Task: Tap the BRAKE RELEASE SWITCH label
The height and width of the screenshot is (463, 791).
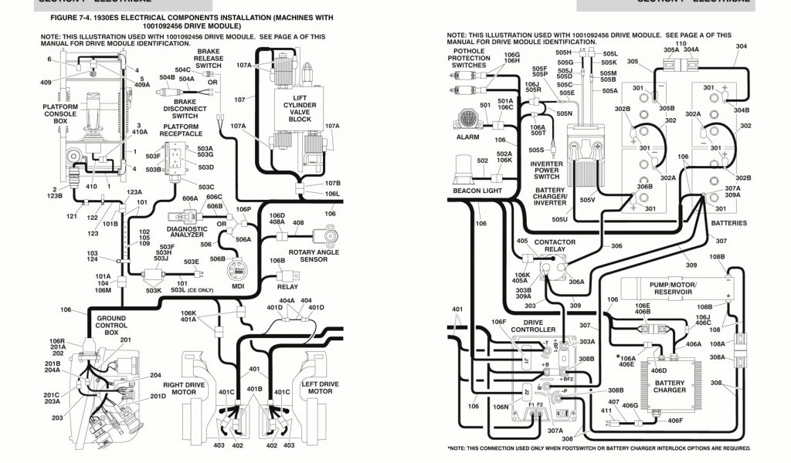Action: [x=208, y=59]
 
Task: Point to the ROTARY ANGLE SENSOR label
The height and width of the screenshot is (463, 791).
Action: [x=314, y=255]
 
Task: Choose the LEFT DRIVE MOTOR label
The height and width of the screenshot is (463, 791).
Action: [x=320, y=387]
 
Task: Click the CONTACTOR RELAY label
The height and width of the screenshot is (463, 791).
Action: [x=555, y=246]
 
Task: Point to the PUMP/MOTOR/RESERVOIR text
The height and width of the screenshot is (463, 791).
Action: [x=673, y=289]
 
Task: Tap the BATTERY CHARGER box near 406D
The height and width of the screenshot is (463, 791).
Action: [x=669, y=386]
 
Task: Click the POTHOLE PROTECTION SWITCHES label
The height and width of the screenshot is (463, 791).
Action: [x=469, y=59]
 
